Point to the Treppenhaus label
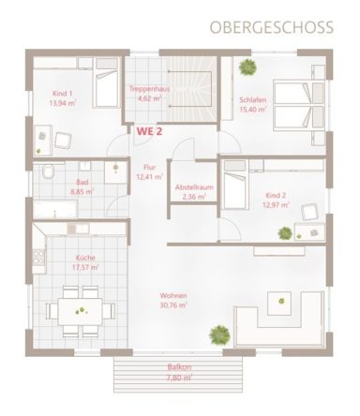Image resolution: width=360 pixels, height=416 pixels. click(147, 89)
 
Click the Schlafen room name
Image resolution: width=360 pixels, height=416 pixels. click(253, 100)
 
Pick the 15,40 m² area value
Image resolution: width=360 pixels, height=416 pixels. click(253, 110)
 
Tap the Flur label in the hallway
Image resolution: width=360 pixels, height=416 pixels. click(148, 166)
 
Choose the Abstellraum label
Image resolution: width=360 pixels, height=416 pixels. click(195, 187)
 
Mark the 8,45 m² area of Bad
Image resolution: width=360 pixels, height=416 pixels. click(82, 192)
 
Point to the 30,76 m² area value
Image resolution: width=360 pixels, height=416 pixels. click(173, 305)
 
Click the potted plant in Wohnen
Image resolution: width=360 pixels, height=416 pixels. click(218, 333)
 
